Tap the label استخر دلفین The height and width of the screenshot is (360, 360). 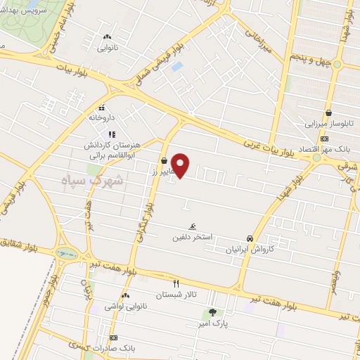[x=192, y=238]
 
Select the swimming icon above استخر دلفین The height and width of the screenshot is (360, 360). [x=192, y=226]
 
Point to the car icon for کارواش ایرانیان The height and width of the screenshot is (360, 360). [x=250, y=238]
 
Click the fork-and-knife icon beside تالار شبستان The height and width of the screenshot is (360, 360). [x=176, y=284]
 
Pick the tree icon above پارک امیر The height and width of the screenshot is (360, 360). [x=212, y=312]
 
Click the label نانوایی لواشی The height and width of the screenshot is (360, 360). [x=124, y=307]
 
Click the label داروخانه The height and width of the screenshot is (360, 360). [x=101, y=119]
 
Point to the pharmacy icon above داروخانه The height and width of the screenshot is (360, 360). [x=102, y=108]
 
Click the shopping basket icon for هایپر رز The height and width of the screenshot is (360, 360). [x=164, y=160]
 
